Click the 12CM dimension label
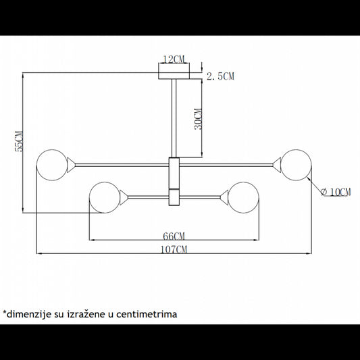(x=174, y=59)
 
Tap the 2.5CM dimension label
(x=220, y=76)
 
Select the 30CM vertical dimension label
(x=198, y=119)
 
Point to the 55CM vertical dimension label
(x=19, y=141)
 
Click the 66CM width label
(x=174, y=236)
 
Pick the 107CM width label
(x=174, y=249)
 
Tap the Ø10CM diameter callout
(x=336, y=192)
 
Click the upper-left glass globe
(x=53, y=165)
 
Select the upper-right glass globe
(x=297, y=165)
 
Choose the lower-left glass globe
(x=105, y=197)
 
